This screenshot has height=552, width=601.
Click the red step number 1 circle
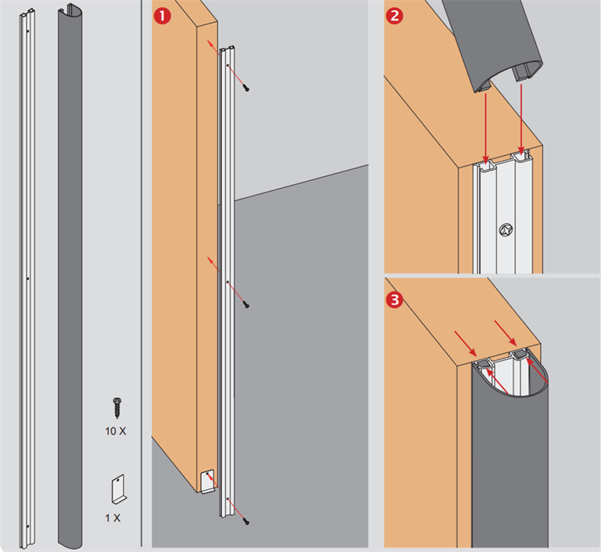pos(163,15)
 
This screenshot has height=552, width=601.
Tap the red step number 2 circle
pos(396,14)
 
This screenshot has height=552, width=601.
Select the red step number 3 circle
pos(396,301)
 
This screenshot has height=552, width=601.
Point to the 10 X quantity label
pos(116,431)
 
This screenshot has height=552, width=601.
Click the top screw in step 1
pos(247,88)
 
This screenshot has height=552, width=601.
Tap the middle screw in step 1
pos(247,301)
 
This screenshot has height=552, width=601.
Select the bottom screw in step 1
pos(247,520)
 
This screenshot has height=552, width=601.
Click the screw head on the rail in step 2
pos(505,230)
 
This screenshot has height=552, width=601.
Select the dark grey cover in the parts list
pos(75,274)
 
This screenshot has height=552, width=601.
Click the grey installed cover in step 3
pos(513,470)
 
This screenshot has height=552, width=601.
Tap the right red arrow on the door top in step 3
pos(504,332)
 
